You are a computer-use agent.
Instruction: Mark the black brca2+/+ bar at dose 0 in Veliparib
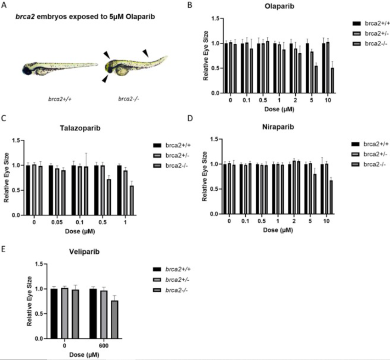point(54,314)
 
